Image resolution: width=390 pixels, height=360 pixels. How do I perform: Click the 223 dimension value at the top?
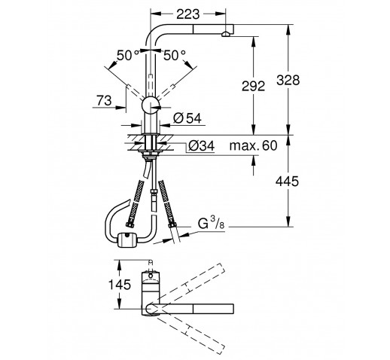coord(188,14)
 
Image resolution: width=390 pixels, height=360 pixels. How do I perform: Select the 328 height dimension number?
coord(288,81)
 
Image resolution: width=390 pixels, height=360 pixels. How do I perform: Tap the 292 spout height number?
coord(253,87)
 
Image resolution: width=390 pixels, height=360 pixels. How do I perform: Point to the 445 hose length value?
coord(288,182)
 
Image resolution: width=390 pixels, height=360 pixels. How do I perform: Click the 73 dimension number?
coord(104,101)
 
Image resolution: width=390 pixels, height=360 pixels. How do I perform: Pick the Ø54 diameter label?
coord(187,118)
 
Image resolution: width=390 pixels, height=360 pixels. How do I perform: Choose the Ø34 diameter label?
coord(202,145)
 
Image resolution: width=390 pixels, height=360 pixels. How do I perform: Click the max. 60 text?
coord(254,145)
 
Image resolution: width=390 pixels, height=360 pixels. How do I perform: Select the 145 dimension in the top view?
coord(120,285)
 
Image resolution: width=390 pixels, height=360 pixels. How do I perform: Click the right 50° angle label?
coord(175,56)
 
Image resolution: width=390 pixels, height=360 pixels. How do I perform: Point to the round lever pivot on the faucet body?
coord(151,105)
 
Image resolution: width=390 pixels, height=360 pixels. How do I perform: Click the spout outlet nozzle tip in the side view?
coord(226,34)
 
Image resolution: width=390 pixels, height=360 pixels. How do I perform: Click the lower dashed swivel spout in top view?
coord(190,333)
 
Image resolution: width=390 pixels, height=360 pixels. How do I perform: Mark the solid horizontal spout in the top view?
coord(190,309)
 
